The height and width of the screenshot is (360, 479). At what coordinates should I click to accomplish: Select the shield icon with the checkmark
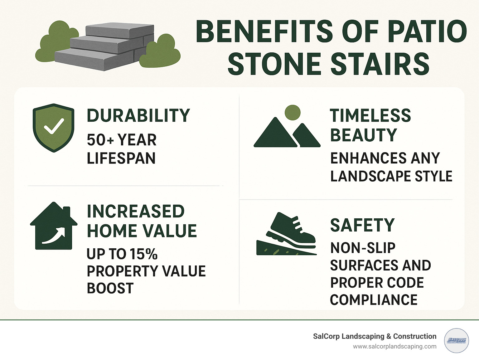(54, 128)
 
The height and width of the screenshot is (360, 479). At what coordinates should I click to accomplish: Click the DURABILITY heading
(138, 116)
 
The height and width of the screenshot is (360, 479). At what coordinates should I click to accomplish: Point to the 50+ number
(100, 140)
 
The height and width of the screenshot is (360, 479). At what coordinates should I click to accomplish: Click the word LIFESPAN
(121, 158)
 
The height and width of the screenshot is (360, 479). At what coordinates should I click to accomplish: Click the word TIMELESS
(370, 116)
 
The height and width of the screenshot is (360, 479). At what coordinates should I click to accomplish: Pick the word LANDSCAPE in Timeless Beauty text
(370, 176)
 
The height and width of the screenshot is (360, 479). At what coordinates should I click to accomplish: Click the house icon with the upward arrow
(54, 226)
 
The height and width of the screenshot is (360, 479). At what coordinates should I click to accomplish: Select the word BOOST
(110, 288)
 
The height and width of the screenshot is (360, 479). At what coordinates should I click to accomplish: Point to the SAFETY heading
(362, 225)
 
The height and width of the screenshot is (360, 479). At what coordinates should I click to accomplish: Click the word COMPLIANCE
(374, 300)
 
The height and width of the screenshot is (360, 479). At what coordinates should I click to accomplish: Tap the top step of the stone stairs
(120, 30)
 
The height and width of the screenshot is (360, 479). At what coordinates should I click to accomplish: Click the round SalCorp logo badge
(456, 340)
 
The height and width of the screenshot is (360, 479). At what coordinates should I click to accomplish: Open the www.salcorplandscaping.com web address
(394, 347)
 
